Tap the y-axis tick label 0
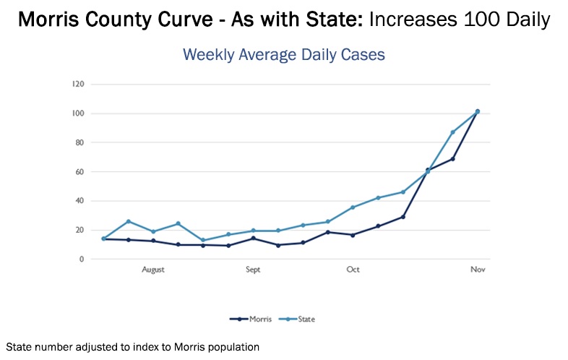[82, 259]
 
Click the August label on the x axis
[153, 270]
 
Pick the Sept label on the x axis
[253, 270]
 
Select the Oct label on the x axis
[353, 270]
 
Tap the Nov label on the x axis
[478, 270]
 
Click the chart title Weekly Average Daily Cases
[283, 54]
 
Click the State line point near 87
[453, 132]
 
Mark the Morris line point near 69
[453, 159]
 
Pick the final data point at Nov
[478, 111]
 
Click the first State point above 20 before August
[129, 221]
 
